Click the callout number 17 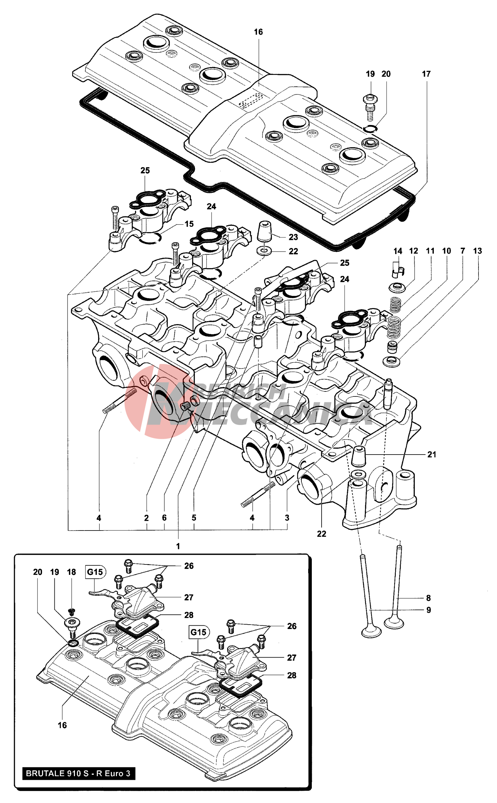coord(426,74)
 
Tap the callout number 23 coord(293,237)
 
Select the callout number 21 coord(431,455)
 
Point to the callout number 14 coord(398,251)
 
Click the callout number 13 coord(477,251)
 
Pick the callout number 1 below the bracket coord(178,546)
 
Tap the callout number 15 coord(189,224)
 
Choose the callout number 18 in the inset coord(71,572)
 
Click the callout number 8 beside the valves coord(428,598)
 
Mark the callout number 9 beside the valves coord(428,610)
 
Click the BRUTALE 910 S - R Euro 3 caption coord(78,773)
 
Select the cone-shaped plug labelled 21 coord(359,456)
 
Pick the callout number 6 coord(164,518)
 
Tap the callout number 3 coord(287,518)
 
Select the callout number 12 coord(414,251)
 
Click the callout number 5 coord(194,518)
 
